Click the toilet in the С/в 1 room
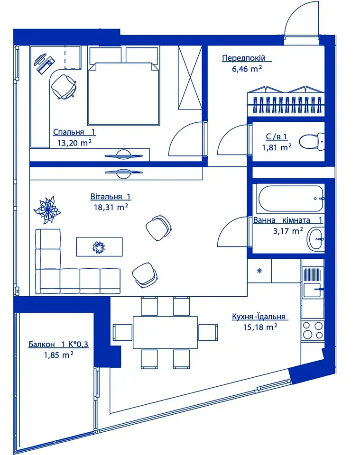[312, 141]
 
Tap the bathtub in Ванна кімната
[291, 199]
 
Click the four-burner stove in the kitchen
[313, 330]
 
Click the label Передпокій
[244, 58]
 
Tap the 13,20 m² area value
[75, 143]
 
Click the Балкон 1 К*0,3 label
[58, 345]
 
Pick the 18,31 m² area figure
[111, 207]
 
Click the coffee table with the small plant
[99, 246]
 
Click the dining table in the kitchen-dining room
[165, 332]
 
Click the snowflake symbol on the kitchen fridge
[259, 271]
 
